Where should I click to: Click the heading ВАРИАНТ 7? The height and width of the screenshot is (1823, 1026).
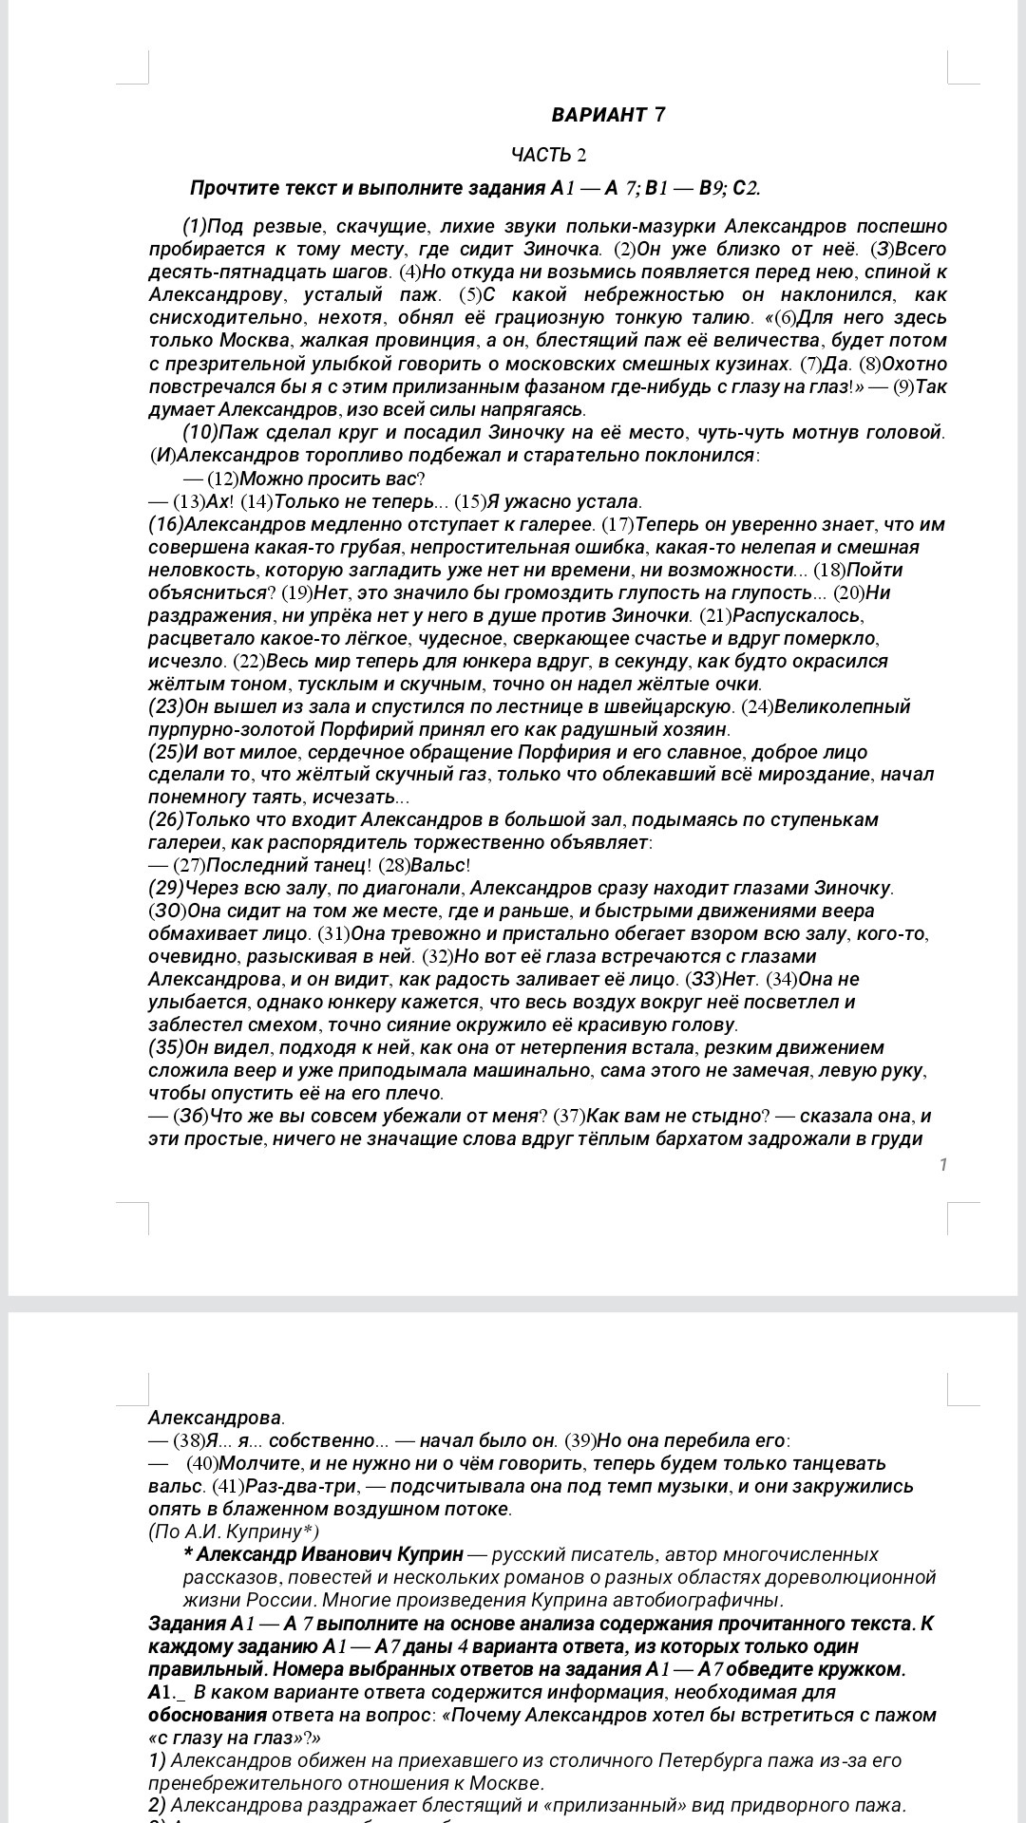608,115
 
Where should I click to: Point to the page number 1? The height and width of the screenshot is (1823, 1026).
943,1165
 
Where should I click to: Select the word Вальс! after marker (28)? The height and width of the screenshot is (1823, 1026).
441,865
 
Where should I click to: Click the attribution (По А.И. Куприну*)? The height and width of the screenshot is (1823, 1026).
234,1532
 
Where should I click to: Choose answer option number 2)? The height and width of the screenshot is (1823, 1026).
157,1806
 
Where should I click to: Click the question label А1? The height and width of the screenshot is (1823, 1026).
160,1692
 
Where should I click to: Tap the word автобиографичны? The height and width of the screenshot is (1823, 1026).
704,1600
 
